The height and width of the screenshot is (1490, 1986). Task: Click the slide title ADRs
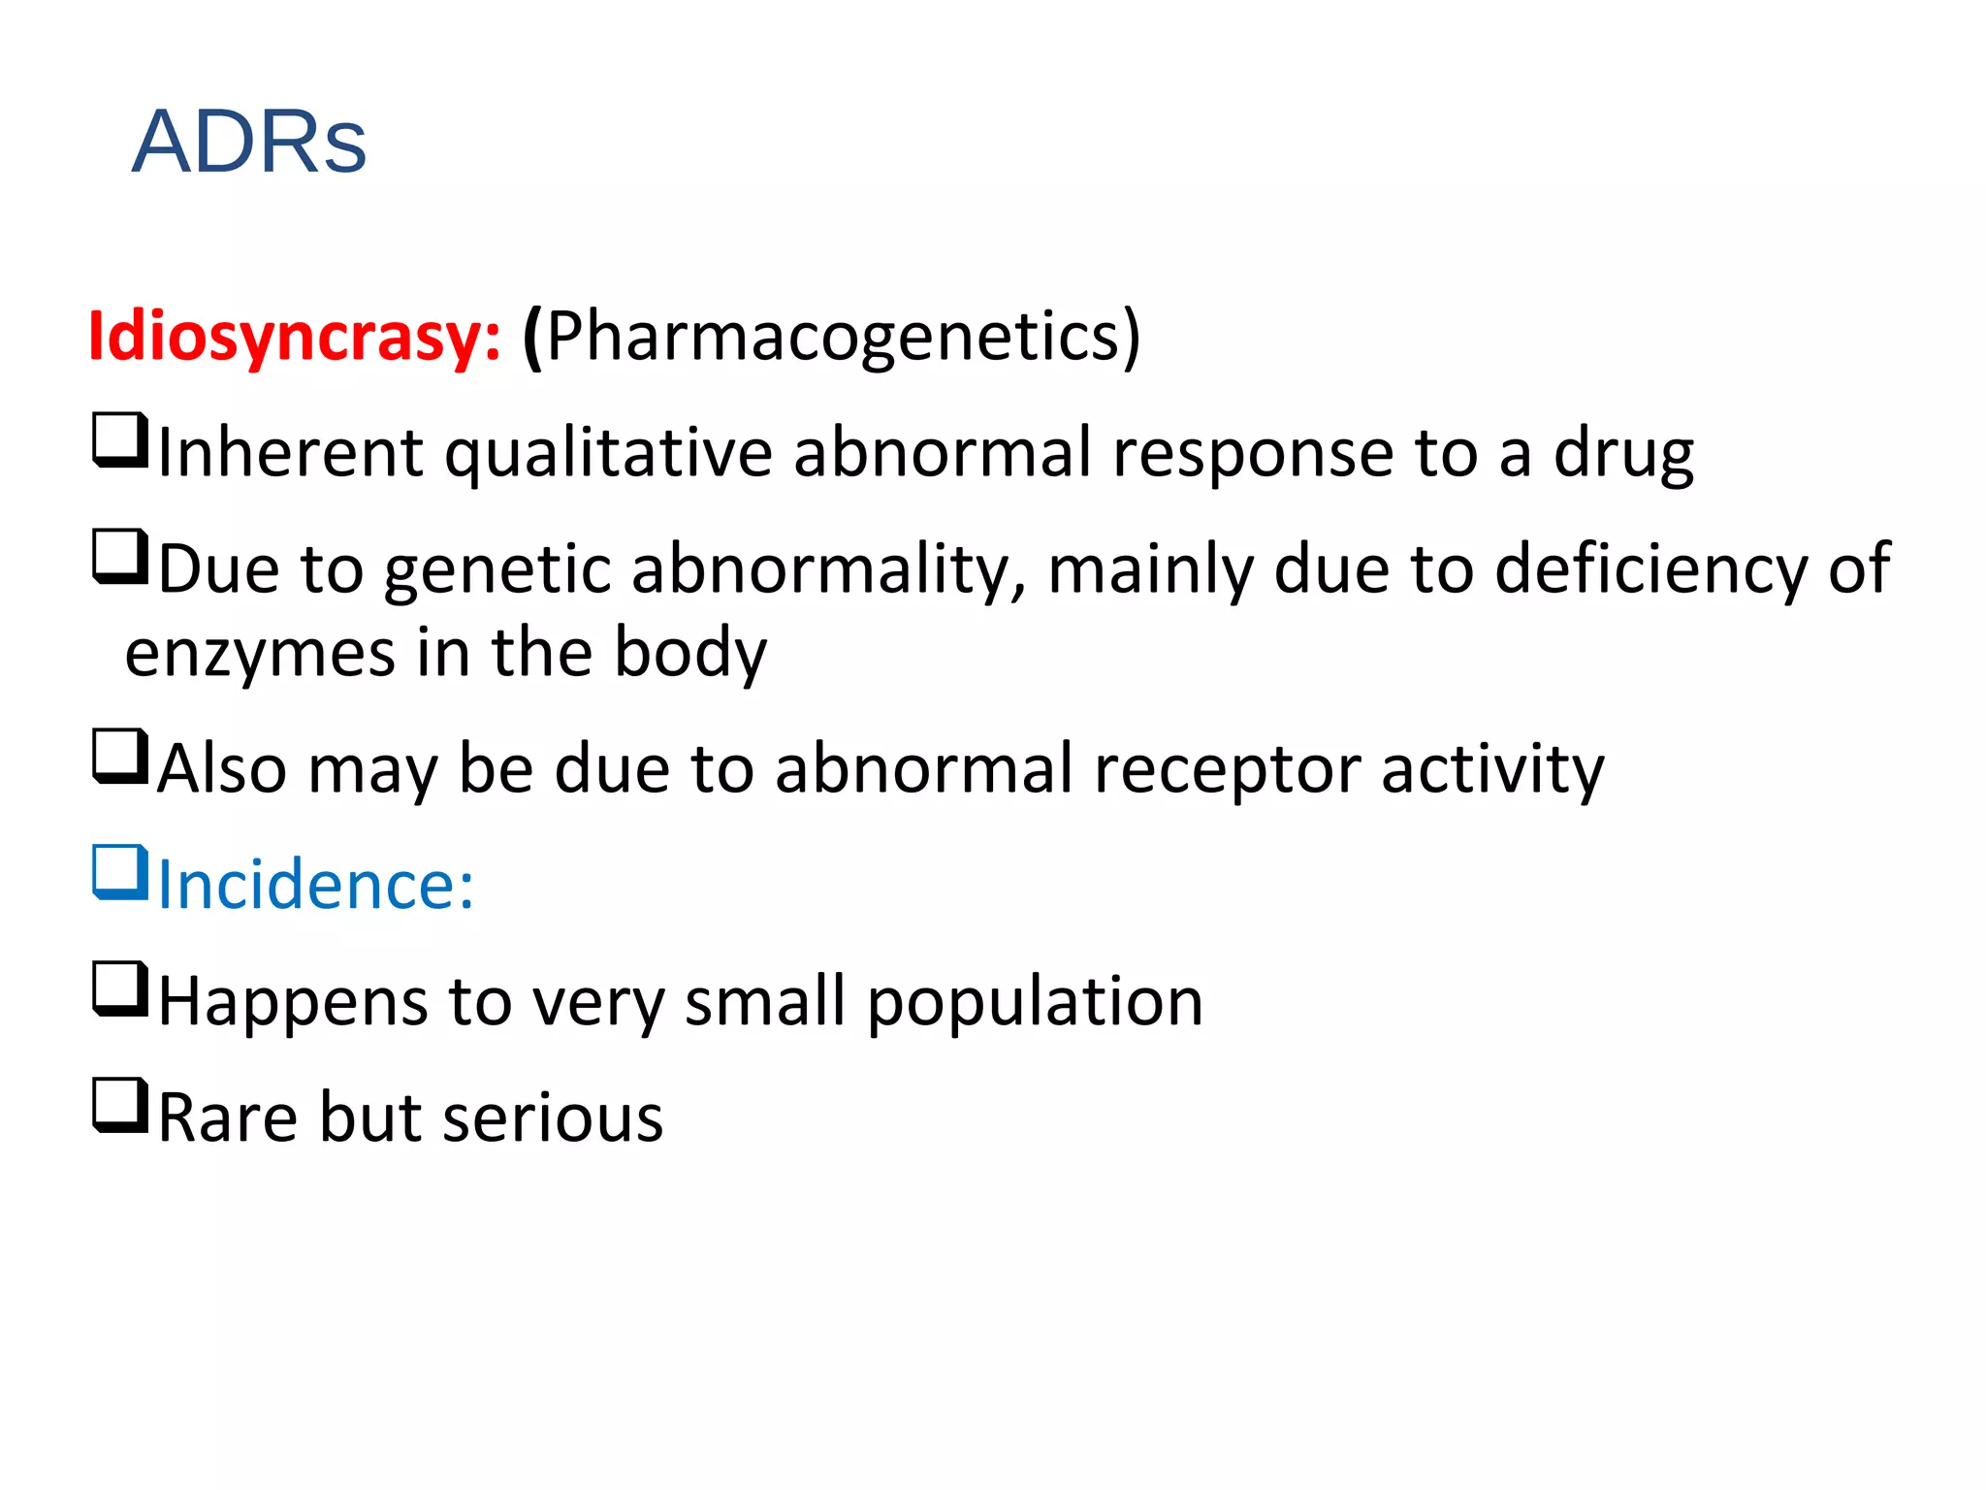[249, 142]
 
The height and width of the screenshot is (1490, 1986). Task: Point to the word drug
[1623, 453]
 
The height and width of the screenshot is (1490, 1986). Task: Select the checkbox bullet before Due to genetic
[120, 556]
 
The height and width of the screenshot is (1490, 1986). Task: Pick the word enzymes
[260, 653]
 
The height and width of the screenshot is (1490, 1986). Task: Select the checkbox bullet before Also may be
[120, 756]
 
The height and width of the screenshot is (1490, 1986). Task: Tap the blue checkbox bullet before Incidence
[120, 872]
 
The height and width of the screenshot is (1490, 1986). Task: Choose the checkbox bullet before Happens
[120, 988]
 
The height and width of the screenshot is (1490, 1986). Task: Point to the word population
[1035, 1002]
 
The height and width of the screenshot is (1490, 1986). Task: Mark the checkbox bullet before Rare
[120, 1105]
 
